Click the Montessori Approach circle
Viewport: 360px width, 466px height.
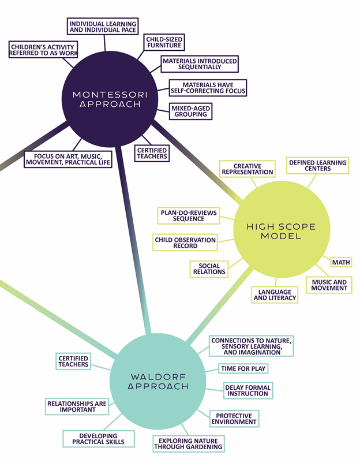[110, 99]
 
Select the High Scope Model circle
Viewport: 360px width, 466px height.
[282, 229]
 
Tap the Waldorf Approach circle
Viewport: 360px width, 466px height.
[157, 381]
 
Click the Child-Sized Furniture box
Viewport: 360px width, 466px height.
[164, 42]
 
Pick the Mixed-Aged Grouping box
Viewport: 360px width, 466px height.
[191, 111]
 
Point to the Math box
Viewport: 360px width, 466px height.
[341, 262]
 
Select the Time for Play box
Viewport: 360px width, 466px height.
[243, 368]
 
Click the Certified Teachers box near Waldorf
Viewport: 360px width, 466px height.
[73, 361]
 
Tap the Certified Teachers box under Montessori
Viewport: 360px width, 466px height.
[152, 154]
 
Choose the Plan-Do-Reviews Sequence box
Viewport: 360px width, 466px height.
[189, 216]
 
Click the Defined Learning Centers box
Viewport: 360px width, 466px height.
[317, 166]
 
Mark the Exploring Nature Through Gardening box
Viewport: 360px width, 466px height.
[188, 443]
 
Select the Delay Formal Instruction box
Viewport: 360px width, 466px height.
[248, 390]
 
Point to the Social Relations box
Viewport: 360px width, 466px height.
[209, 269]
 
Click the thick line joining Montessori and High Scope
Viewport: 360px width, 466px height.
[197, 162]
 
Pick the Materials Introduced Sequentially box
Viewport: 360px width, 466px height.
[200, 64]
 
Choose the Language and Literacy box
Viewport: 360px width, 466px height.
[275, 295]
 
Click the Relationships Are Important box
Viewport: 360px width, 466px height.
[77, 407]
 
